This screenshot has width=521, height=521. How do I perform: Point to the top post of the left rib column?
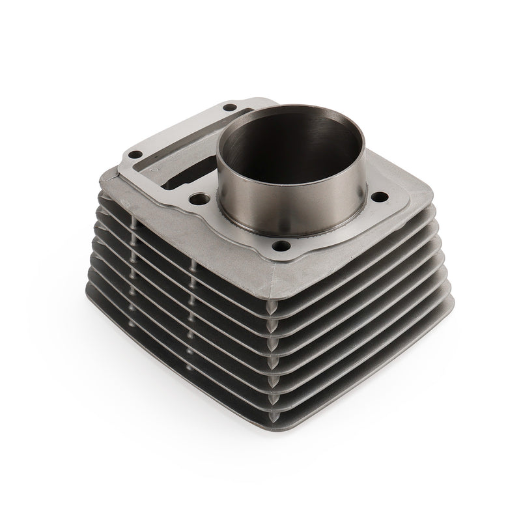[135, 225]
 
